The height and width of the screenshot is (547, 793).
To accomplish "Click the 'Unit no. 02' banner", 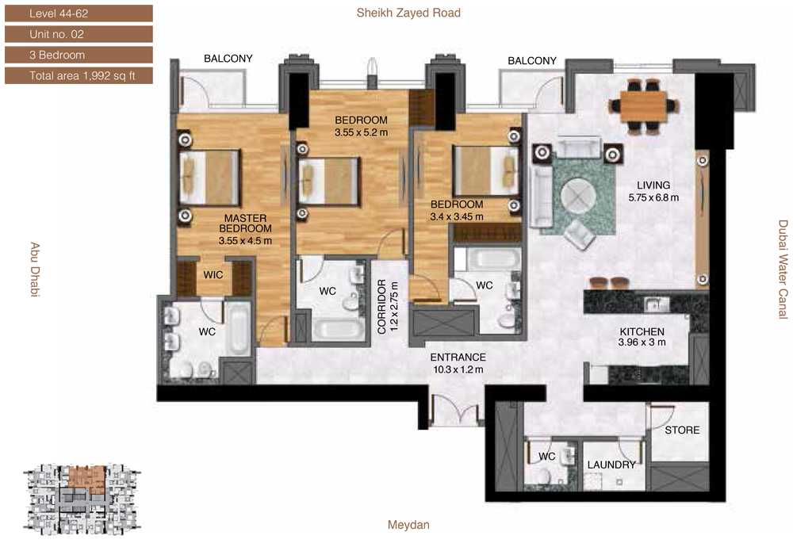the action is pos(79,34).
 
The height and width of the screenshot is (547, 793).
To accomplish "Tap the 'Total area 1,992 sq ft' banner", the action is pos(79,76).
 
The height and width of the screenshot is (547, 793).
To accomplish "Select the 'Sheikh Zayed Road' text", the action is pos(408,13).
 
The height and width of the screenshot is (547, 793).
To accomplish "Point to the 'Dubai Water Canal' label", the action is pos(783,270).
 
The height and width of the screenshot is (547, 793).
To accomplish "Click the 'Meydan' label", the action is pos(408,525).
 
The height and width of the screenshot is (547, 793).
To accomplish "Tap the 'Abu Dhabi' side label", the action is pos(35,270).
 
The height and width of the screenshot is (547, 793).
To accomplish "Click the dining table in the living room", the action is pos(643,106).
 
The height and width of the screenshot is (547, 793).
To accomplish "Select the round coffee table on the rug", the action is pos(578,197).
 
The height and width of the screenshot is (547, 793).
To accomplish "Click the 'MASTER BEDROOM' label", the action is pos(245,224).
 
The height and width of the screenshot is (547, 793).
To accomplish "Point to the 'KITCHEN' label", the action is pos(642,331).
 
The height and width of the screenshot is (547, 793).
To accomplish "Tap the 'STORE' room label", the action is pos(682,430).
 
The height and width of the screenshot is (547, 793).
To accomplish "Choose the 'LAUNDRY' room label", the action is pos(611,465).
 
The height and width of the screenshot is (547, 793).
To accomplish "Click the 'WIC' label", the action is pos(213,275).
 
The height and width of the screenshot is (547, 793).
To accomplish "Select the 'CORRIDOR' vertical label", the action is pos(382,307).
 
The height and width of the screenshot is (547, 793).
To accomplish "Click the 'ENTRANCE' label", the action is pos(458,358).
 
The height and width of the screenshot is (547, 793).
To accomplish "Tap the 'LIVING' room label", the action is pos(653,186).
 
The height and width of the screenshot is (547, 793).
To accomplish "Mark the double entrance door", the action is pos(454,409).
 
